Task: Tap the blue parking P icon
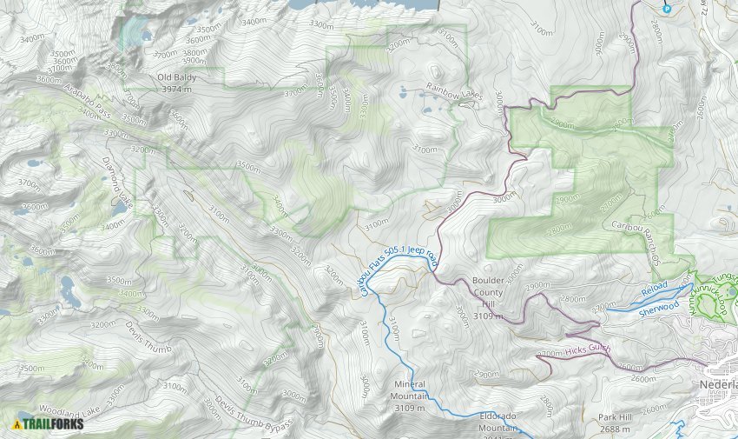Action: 667,8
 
